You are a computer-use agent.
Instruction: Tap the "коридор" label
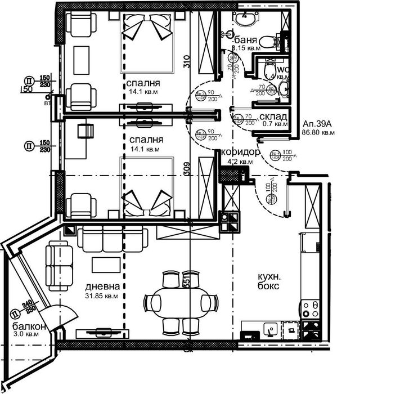(241, 153)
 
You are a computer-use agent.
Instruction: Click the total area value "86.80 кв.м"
(318, 133)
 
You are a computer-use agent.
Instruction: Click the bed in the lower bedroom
(146, 189)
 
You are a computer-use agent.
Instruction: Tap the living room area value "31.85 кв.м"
(101, 295)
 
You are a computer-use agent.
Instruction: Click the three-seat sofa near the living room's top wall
(113, 239)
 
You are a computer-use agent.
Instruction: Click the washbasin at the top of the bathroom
(245, 19)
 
